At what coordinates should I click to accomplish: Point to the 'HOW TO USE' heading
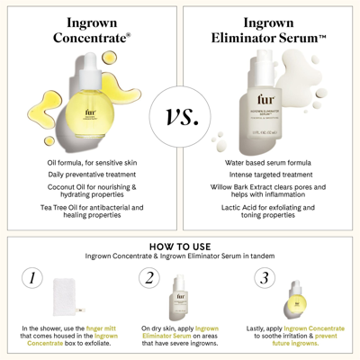(x=179, y=246)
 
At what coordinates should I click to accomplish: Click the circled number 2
(x=150, y=278)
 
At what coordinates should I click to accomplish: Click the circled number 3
(x=265, y=278)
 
